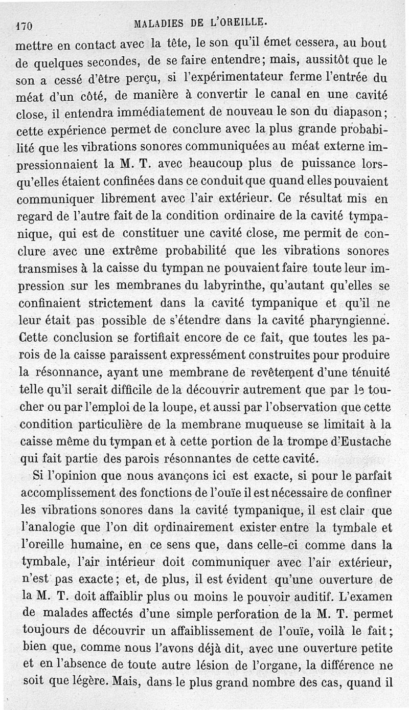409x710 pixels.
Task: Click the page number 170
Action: tap(24, 24)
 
